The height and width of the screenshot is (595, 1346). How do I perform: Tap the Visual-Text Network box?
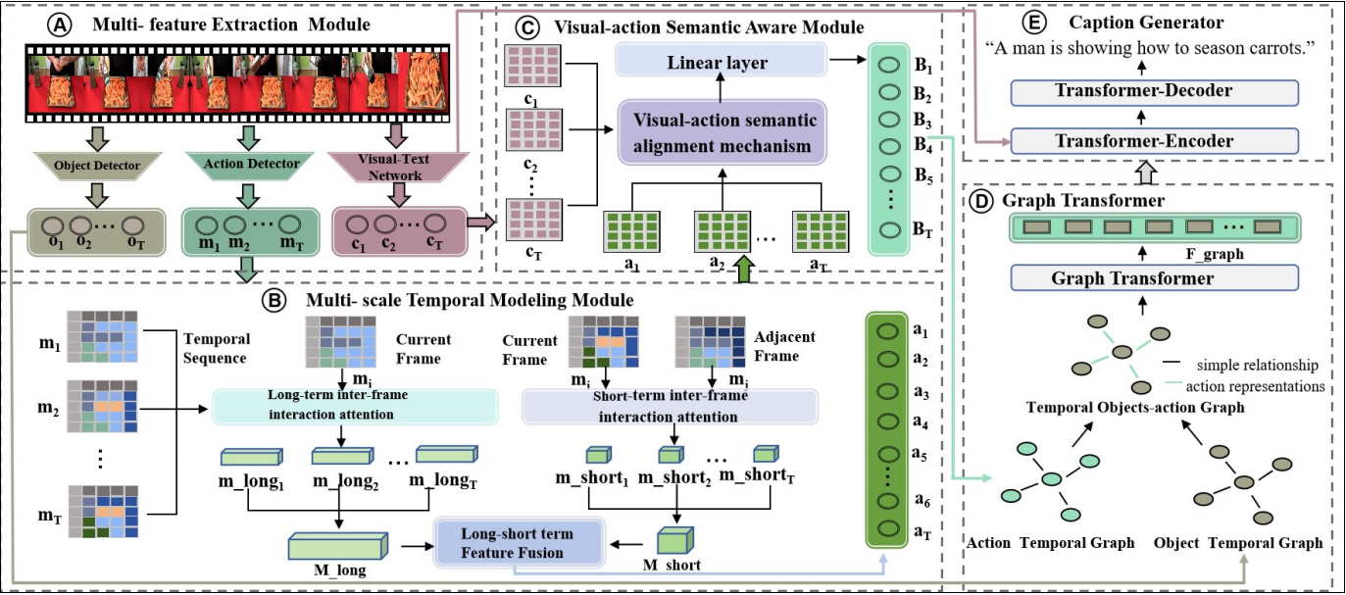click(392, 166)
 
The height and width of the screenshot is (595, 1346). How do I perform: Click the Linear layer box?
click(720, 64)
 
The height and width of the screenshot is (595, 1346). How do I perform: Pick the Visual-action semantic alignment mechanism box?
click(722, 134)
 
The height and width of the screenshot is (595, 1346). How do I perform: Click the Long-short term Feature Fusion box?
click(518, 542)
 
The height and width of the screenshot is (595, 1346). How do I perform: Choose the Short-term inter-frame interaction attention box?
click(671, 405)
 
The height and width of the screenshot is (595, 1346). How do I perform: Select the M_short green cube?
click(673, 542)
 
